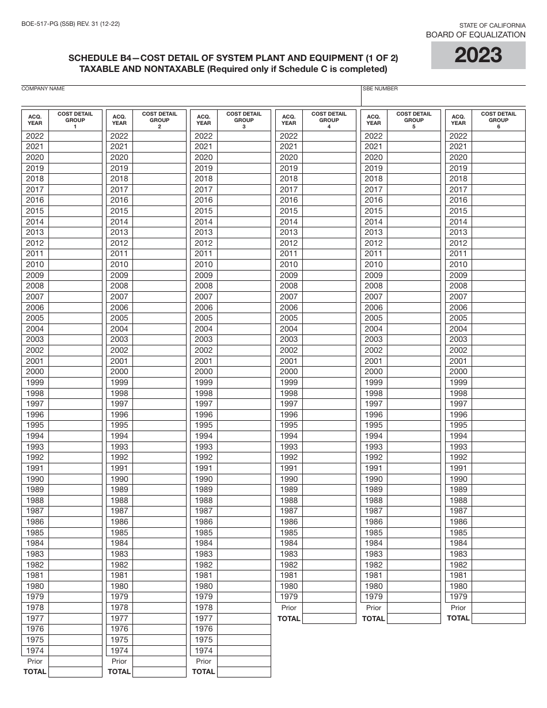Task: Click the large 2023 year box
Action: click(478, 55)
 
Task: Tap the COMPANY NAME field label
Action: click(43, 89)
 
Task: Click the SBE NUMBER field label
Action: click(380, 89)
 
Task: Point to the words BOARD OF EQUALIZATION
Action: click(476, 35)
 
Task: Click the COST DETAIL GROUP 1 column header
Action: click(75, 120)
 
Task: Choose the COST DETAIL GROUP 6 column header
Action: click(498, 120)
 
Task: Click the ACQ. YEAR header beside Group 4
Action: click(289, 120)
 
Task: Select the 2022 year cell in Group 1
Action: click(35, 136)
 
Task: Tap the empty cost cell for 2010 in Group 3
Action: click(244, 265)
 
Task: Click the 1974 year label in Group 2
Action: click(119, 650)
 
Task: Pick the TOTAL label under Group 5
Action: click(373, 618)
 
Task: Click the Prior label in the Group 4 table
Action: click(289, 608)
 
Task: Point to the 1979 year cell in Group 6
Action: click(458, 597)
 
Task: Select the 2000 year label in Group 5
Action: click(373, 372)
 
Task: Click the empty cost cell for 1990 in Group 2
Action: click(159, 479)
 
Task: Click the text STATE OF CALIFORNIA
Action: click(492, 25)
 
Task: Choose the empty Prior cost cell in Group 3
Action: click(244, 661)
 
